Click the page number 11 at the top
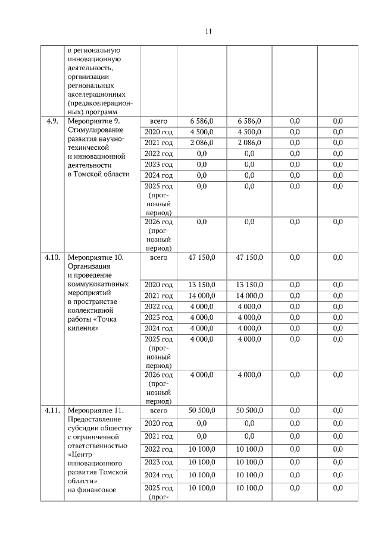[208, 31]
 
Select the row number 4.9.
[52, 121]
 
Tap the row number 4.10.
[52, 257]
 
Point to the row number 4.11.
[52, 410]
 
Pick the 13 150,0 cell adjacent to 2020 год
[202, 285]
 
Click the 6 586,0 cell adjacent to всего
[202, 121]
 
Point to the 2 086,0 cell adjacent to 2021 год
[202, 143]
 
